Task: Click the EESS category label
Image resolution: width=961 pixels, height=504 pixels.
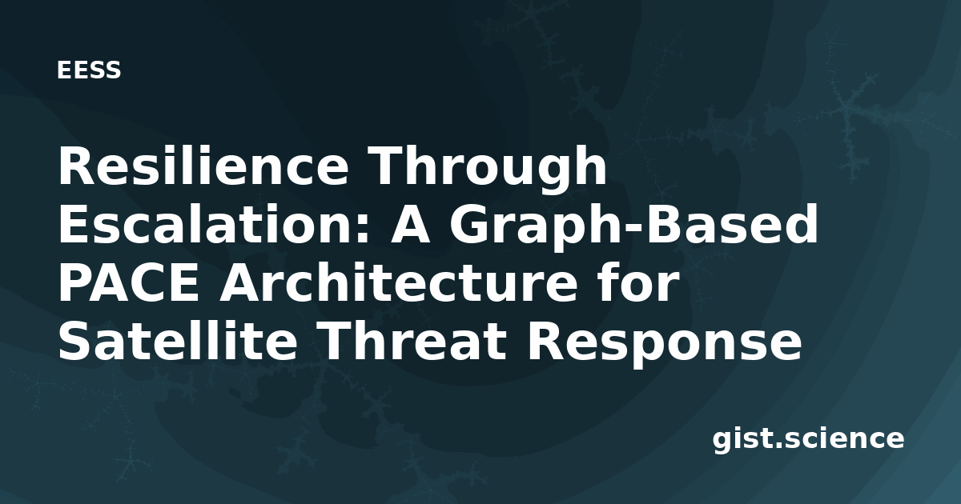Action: coord(89,70)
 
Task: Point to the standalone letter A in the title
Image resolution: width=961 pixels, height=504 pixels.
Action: coord(410,224)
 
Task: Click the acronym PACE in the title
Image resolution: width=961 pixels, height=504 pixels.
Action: coord(129,283)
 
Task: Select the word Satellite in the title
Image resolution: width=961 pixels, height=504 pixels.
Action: coord(178,341)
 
